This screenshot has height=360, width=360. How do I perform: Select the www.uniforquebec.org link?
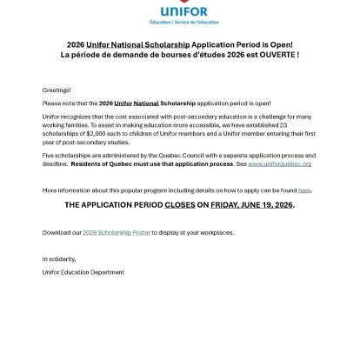(280, 163)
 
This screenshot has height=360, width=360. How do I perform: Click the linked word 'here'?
(304, 189)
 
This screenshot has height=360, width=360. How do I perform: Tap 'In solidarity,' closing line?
(59, 258)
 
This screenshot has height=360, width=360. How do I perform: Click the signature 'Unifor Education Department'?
(83, 271)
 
